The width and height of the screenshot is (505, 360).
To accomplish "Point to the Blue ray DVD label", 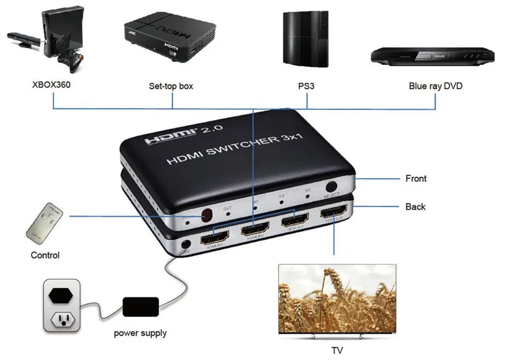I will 436,85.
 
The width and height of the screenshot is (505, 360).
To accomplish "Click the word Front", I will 415,179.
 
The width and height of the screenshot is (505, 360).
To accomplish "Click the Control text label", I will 45,255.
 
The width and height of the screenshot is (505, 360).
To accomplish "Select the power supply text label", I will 140,333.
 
